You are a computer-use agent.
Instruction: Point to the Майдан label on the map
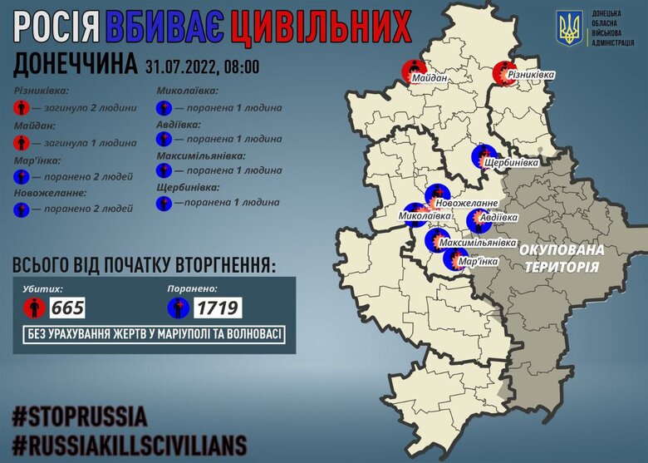(429, 78)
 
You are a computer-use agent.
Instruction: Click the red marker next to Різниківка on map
(502, 73)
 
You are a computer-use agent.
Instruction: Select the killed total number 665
(67, 308)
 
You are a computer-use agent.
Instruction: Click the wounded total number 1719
(218, 308)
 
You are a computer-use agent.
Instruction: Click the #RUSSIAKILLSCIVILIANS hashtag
(129, 441)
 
